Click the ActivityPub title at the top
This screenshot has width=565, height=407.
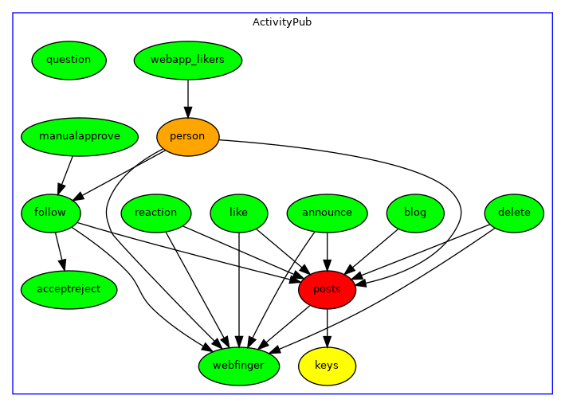coord(282,22)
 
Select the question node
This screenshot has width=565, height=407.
coord(69,60)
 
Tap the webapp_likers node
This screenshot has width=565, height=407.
coord(188,60)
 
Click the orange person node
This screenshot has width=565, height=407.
coord(188,136)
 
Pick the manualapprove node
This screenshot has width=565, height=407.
coord(80,136)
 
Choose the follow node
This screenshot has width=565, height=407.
coord(51,213)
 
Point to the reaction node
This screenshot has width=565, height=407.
coord(156,213)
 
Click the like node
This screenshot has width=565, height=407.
coord(239,213)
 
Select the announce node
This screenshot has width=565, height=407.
coord(327,213)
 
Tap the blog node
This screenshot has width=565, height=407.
coord(415,213)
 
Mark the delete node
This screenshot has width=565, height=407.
coord(514,213)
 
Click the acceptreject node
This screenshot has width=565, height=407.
coord(69,289)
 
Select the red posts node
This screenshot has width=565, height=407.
coord(327,289)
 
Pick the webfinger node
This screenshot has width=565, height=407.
coord(239,366)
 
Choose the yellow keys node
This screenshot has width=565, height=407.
coord(327,366)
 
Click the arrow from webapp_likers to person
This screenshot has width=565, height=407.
coord(188,97)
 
